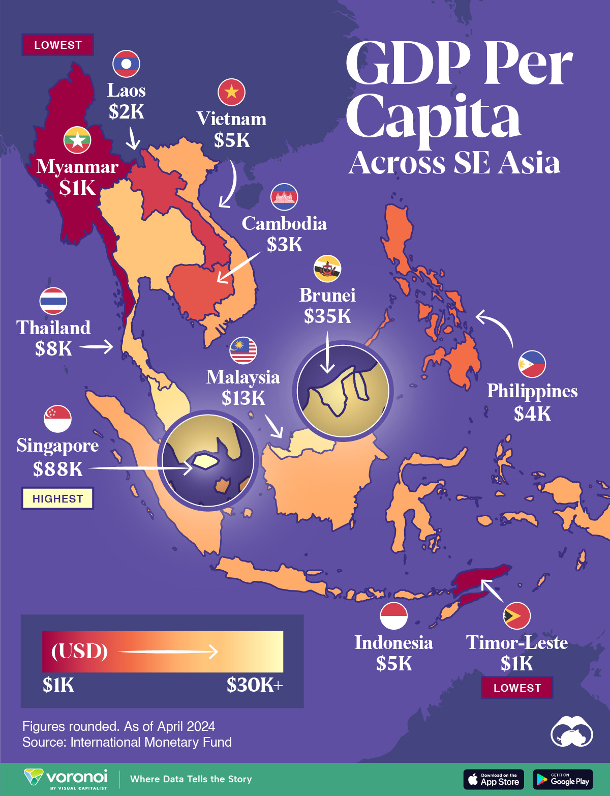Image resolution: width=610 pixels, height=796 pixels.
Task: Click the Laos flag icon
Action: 126,64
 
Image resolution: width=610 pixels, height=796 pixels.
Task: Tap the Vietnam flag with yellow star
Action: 231,92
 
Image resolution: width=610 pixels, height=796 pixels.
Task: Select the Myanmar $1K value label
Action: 77,188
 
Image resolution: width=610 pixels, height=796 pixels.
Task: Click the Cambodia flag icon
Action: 284,197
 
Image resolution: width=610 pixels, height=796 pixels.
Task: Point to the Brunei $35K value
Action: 327,316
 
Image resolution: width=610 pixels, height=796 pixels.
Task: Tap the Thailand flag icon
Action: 53,301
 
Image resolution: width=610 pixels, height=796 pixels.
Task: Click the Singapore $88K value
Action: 57,469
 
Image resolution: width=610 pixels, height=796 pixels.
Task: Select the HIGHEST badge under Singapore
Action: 57,498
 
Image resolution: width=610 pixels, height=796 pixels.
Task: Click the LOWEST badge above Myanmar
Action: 57,45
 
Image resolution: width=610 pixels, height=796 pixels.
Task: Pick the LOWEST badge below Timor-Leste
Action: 517,688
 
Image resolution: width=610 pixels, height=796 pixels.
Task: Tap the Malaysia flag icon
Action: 243,350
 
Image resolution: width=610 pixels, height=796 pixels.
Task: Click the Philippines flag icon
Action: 532,364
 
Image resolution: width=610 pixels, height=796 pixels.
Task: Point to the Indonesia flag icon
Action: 393,615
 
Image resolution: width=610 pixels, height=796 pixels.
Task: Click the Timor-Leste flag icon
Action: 516,615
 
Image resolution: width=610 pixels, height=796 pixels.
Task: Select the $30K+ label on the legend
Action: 254,685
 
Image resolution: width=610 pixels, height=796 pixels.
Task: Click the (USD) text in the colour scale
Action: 79,651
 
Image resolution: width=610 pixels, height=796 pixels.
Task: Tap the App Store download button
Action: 493,779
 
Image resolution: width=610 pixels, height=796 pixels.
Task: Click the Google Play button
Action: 563,779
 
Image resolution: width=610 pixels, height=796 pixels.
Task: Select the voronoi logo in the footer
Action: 66,779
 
